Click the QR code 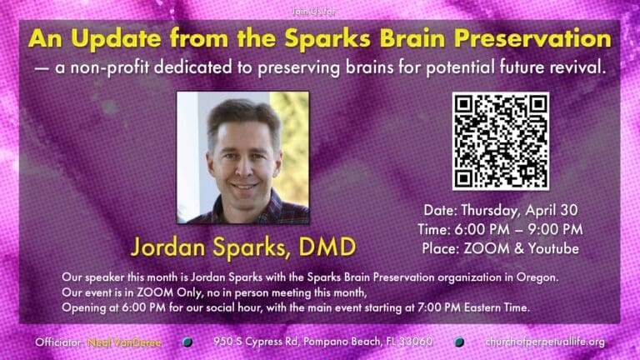500,140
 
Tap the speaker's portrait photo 242,157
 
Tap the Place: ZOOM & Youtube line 500,248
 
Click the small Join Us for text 320,12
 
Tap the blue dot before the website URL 459,342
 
